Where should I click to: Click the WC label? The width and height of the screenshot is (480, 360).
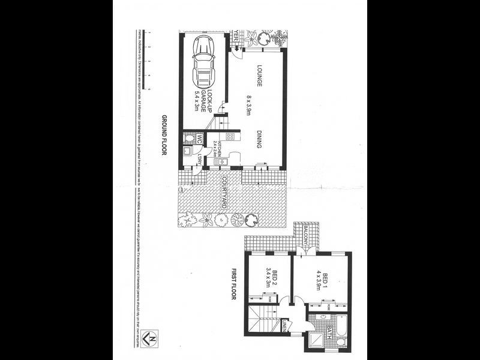click(196, 139)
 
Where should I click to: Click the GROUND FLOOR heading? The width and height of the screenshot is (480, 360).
click(163, 136)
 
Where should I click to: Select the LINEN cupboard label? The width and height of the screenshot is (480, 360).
click(285, 328)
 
